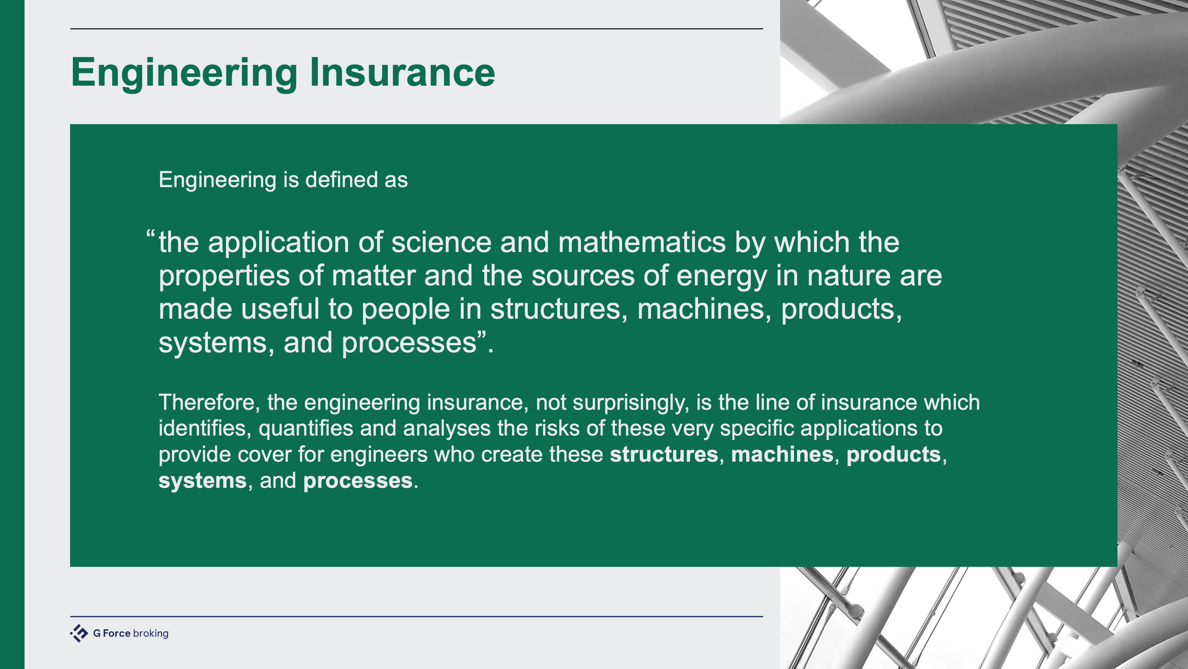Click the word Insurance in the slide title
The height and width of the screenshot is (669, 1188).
(x=402, y=72)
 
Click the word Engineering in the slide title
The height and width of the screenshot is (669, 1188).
(x=184, y=72)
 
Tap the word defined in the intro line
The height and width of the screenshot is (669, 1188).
(x=341, y=180)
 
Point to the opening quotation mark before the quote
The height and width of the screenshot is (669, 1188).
(x=150, y=235)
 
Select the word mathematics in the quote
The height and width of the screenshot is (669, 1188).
(x=642, y=242)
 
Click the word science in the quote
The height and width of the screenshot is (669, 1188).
(x=441, y=242)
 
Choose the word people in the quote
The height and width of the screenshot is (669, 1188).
(x=405, y=310)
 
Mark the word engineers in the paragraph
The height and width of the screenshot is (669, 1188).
(x=379, y=455)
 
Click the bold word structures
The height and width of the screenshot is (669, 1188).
(x=664, y=455)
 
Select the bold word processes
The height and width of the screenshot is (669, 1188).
(x=358, y=481)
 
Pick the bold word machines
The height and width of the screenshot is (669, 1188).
(x=782, y=455)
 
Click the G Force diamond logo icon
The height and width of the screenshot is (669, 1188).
(x=79, y=633)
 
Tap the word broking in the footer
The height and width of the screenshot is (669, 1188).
(x=151, y=633)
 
